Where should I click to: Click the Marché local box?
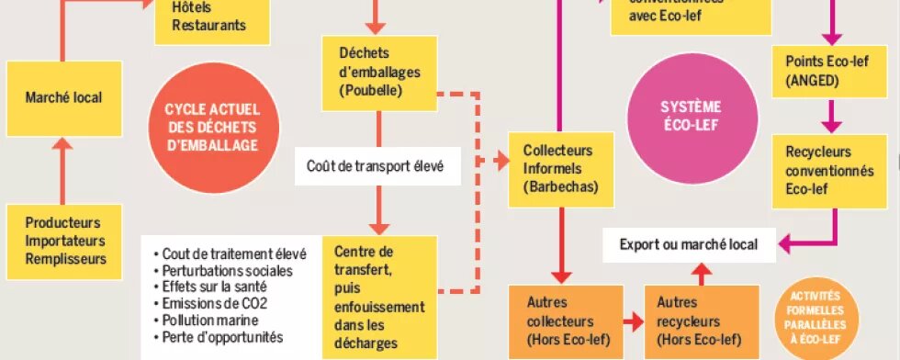coord(63,97)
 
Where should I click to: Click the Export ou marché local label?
coord(688,245)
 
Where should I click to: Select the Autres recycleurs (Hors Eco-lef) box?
coord(702,321)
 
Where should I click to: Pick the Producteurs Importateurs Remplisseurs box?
coord(63,241)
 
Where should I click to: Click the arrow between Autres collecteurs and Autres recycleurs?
coord(633,322)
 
